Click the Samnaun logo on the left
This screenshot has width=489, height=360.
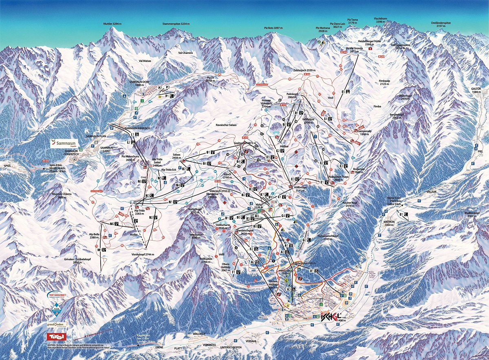coord(65,143)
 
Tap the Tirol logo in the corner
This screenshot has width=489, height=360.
coord(57,337)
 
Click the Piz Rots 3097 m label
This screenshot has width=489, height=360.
coord(273,28)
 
